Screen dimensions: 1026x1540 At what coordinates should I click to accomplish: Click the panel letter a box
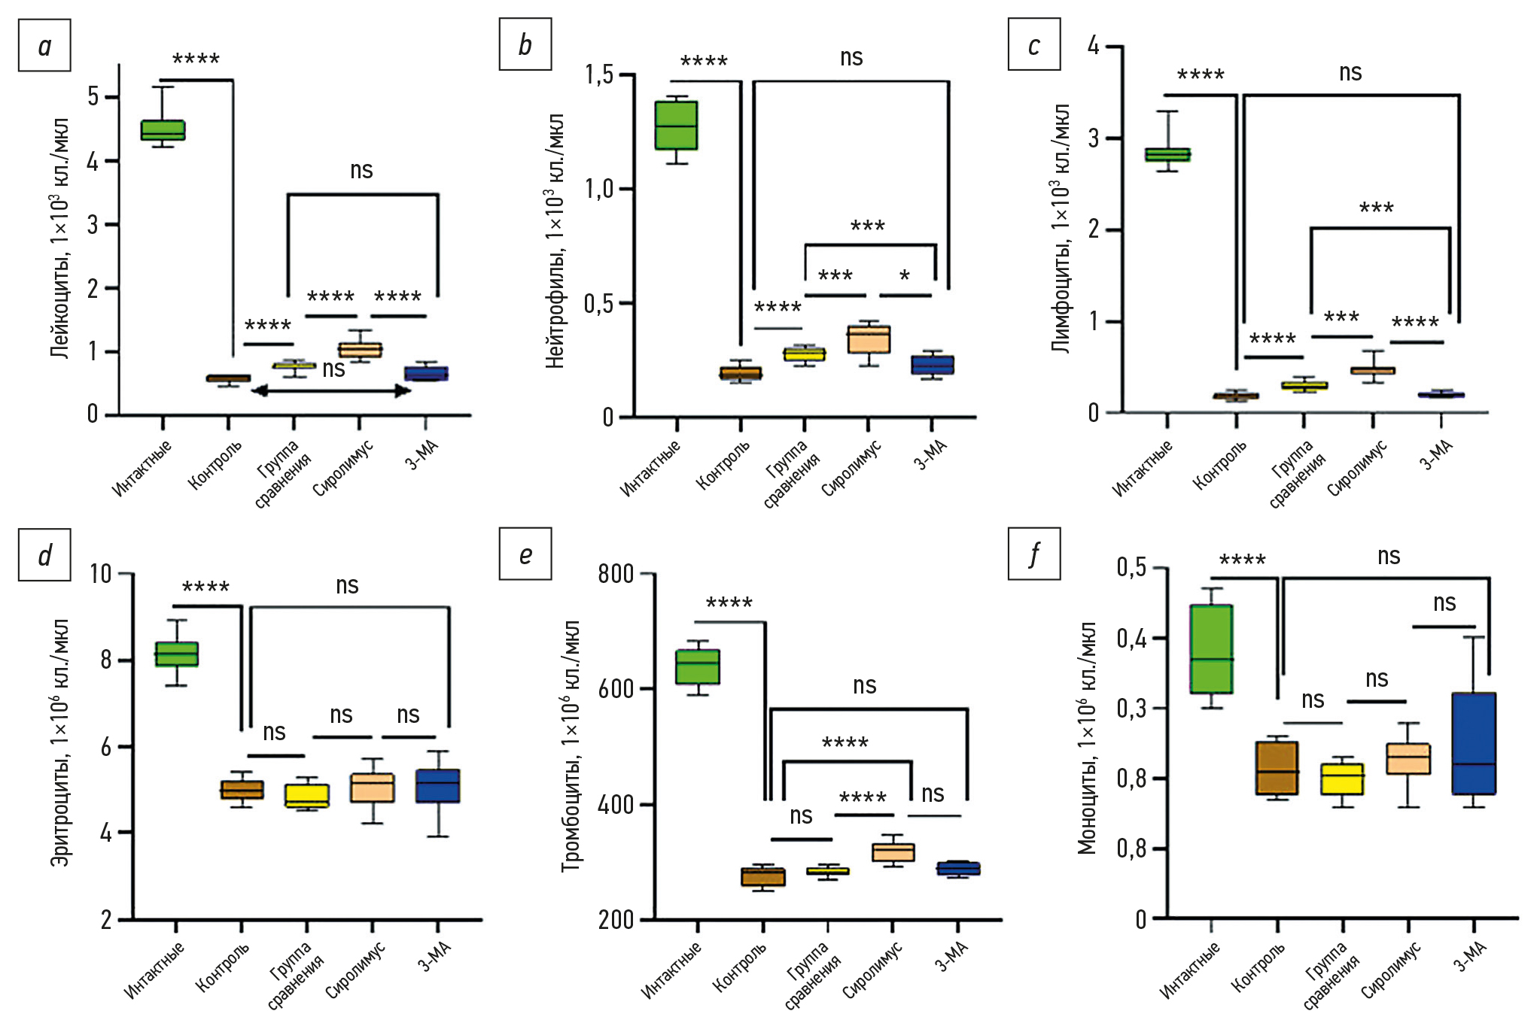click(x=44, y=46)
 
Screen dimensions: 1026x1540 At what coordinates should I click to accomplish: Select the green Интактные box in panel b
click(x=676, y=125)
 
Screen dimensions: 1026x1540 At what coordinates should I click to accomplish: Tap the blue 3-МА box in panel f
click(x=1474, y=743)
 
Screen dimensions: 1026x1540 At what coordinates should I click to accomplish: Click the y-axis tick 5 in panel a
click(x=93, y=97)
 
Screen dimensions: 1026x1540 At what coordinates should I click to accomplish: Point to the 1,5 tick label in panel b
click(x=598, y=74)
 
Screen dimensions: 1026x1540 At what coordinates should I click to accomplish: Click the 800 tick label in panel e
click(x=615, y=574)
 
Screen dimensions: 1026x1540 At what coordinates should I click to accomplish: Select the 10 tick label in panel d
click(x=100, y=575)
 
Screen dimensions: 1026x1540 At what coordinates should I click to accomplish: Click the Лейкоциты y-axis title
click(x=60, y=238)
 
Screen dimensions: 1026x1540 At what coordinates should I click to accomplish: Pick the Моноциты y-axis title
click(x=1086, y=738)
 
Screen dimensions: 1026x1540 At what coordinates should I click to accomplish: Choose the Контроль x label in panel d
click(x=223, y=967)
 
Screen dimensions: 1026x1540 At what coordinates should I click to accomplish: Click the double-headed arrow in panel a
click(x=330, y=391)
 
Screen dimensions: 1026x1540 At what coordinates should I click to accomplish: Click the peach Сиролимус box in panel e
click(x=893, y=851)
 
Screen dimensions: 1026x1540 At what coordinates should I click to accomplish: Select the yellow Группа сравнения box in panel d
click(x=307, y=795)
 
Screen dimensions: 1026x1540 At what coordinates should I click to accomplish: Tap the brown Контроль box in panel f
click(x=1277, y=767)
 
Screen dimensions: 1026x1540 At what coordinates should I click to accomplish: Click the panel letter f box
click(x=1033, y=554)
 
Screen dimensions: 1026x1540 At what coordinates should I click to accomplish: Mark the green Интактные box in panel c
click(x=1167, y=154)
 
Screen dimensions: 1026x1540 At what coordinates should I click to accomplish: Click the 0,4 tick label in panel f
click(x=1131, y=639)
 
